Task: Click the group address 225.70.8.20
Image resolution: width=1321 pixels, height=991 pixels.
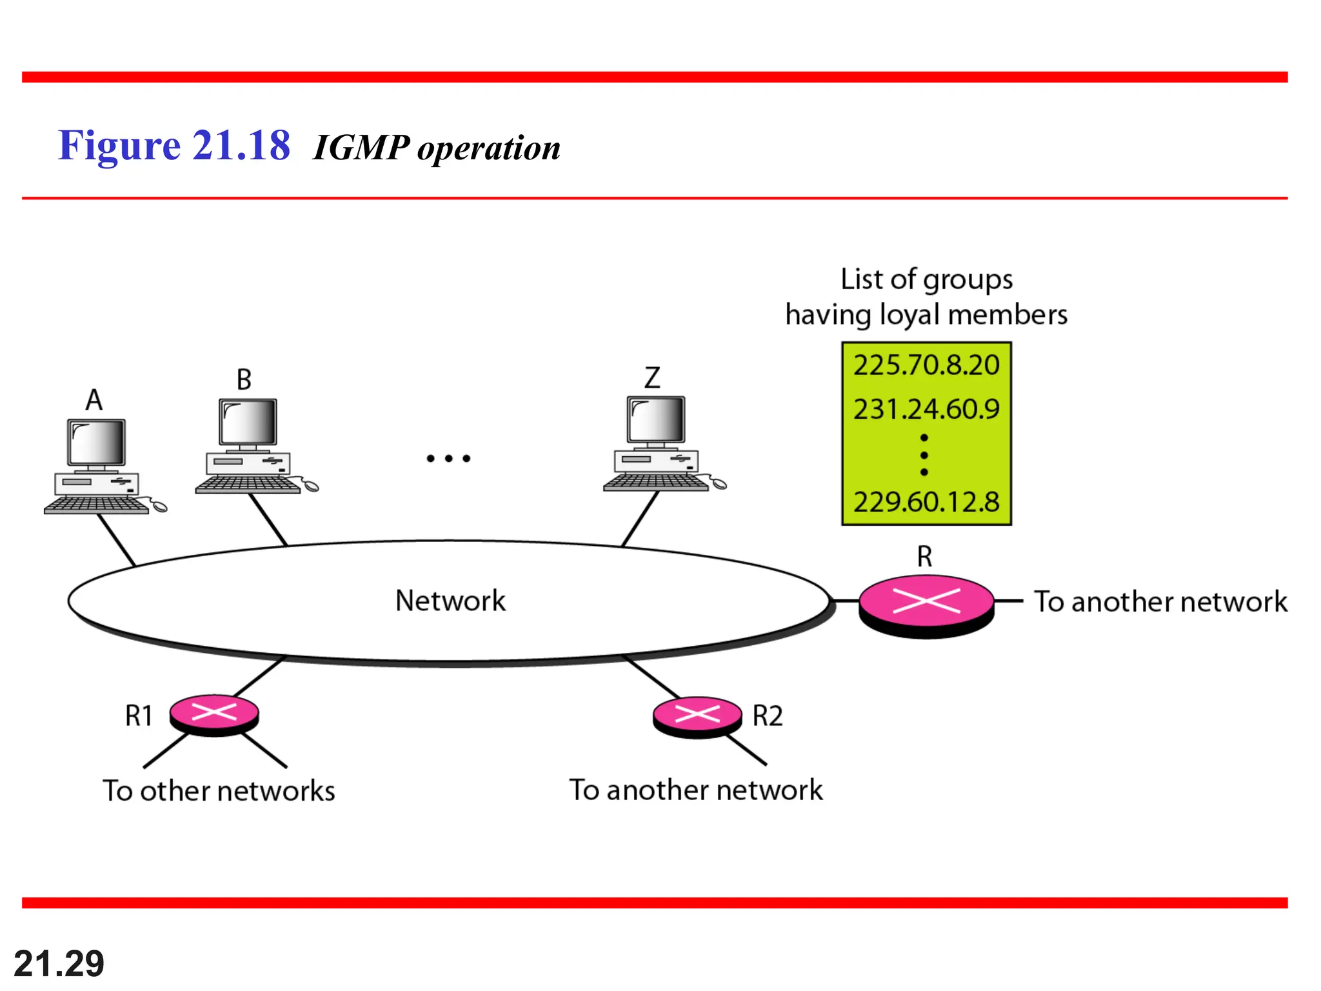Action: [x=926, y=365]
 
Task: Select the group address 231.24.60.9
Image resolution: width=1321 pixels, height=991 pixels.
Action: [x=926, y=409]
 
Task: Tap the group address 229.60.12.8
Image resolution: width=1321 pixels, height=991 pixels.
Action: [x=926, y=502]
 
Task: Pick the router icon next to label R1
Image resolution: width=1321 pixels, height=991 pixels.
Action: [x=214, y=714]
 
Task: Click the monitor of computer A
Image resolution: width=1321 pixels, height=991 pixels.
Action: [x=97, y=442]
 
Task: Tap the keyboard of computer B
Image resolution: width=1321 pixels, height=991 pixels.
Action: [x=248, y=485]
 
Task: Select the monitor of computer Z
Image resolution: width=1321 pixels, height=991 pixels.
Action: [x=656, y=419]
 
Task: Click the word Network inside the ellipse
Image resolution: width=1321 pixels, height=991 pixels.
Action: [x=450, y=601]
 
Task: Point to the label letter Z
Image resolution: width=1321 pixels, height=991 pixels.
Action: [x=652, y=377]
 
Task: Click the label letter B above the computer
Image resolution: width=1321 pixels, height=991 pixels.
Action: [x=244, y=380]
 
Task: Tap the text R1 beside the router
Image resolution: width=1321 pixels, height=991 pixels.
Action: [x=139, y=716]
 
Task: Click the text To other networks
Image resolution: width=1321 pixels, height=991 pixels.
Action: [x=219, y=791]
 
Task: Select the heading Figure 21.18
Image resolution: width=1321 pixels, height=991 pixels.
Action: [x=174, y=146]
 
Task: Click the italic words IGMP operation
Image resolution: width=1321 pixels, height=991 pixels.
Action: [x=437, y=148]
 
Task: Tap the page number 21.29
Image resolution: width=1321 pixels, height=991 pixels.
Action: [x=59, y=964]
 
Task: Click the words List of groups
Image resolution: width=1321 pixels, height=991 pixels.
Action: [x=926, y=279]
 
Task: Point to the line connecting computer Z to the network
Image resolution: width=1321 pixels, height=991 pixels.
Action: [x=640, y=519]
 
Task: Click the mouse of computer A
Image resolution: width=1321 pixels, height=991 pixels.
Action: [x=159, y=507]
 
